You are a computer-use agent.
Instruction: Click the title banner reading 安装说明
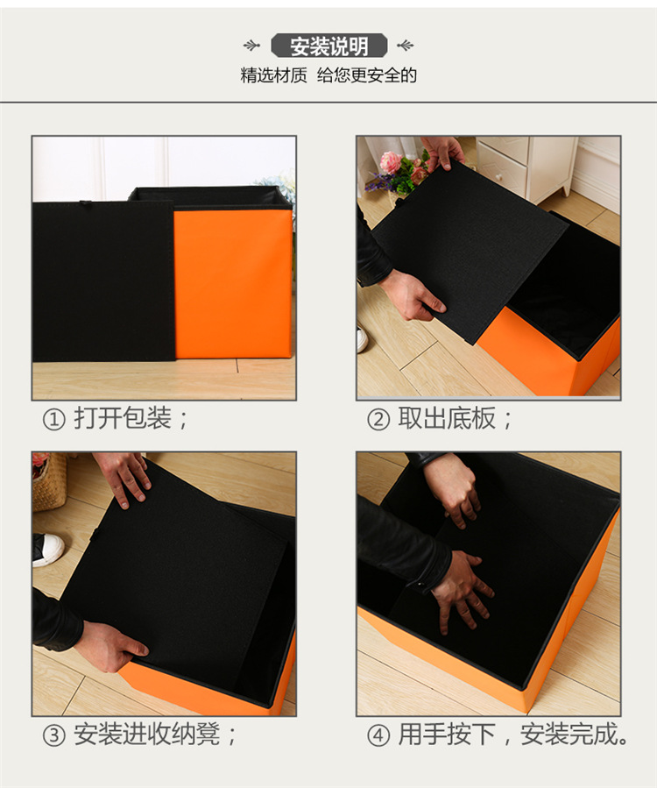[x=328, y=46]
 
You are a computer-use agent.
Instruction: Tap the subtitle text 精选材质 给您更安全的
[x=328, y=75]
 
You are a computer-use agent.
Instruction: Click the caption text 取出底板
[x=446, y=419]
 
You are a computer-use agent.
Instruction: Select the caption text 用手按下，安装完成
[x=513, y=735]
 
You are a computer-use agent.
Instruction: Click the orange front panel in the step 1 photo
[x=233, y=282]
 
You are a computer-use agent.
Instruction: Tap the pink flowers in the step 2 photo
[x=391, y=163]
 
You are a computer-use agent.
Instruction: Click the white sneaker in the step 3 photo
[x=47, y=549]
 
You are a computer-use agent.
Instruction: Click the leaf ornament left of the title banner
[x=252, y=46]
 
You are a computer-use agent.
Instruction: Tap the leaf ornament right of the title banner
[x=405, y=46]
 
